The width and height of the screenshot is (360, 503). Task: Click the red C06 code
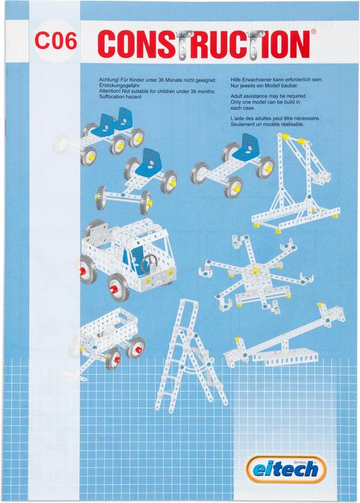click(56, 41)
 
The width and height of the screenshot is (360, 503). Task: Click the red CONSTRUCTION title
click(203, 44)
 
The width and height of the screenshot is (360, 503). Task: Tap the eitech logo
click(286, 469)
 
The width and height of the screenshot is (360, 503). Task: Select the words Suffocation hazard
click(120, 96)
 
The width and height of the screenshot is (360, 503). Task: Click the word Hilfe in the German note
click(236, 80)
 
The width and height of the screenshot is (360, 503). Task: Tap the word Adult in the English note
click(236, 96)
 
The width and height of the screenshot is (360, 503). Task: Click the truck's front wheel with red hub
click(117, 288)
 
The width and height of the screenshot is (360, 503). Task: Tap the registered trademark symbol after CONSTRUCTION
click(314, 31)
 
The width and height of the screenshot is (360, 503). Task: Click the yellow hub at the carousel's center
click(255, 270)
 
